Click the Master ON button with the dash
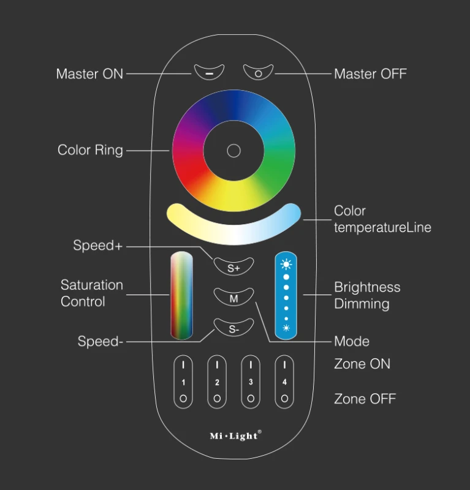coord(209,72)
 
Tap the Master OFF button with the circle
coord(259,72)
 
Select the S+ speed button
coord(233,266)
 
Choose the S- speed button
coord(233,328)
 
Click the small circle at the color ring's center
coord(233,151)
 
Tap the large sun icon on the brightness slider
coord(286,265)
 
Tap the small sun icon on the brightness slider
coord(286,328)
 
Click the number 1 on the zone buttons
coord(183,382)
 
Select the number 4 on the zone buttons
coord(284,382)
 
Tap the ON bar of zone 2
coord(217,365)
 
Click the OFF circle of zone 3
coord(251,399)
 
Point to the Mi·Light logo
coord(235,435)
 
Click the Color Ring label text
coord(90,150)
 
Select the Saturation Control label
coord(92,293)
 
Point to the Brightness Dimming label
coord(367,295)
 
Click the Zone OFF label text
coord(365,399)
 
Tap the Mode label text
coord(352,341)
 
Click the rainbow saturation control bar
coord(181,295)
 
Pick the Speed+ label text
coord(97,246)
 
